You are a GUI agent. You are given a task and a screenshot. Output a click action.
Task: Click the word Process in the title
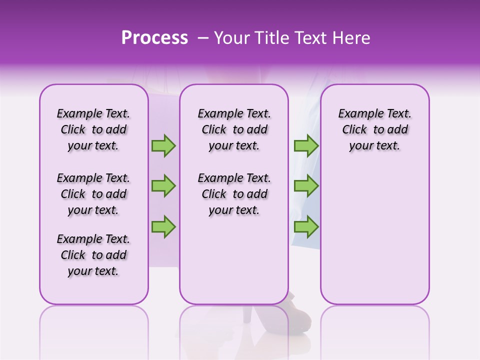pos(154,38)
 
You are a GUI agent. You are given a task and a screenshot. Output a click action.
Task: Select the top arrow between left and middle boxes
pos(163,146)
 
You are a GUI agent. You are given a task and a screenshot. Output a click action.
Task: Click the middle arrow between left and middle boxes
pos(163,186)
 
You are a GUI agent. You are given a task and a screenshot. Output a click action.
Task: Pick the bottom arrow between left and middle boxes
pos(163,226)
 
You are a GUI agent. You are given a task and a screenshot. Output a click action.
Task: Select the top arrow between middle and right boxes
pos(306,146)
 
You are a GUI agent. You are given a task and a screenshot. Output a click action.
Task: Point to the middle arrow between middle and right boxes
pos(306,186)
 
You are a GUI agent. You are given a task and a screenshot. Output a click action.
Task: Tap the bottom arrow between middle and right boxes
pos(306,226)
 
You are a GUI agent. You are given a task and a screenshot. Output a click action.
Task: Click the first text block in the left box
pos(93,129)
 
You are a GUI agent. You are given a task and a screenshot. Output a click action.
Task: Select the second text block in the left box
pos(93,194)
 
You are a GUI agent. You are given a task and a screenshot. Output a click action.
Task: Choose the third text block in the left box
pos(93,255)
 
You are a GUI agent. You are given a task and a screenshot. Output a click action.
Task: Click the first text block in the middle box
pos(234,129)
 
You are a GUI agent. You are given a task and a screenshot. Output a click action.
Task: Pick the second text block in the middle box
pos(234,194)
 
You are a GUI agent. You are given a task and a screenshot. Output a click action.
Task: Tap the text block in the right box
pos(374,129)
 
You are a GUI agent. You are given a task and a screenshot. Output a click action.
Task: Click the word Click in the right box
pos(354,130)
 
